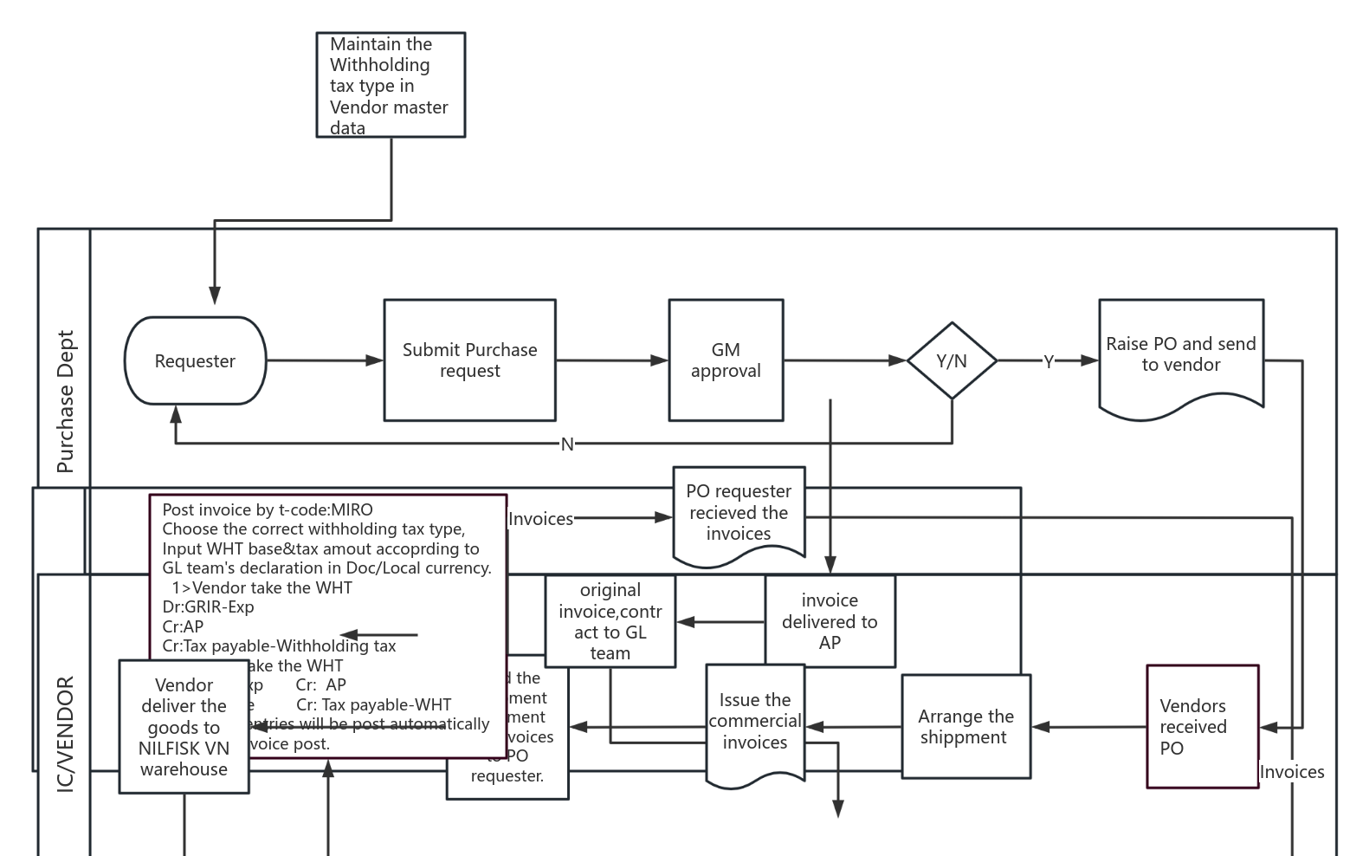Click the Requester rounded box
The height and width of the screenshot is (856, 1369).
click(195, 360)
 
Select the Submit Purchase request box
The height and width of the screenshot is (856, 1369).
click(469, 360)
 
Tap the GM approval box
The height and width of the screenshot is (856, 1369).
click(726, 360)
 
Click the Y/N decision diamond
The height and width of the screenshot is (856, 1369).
click(952, 360)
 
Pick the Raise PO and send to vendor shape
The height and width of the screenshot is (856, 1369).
click(1180, 355)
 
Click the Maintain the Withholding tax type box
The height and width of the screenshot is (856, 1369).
click(391, 85)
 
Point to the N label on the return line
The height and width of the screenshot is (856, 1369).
click(567, 444)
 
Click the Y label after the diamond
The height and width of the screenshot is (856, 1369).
click(1049, 361)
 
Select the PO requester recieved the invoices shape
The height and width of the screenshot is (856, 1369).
click(739, 513)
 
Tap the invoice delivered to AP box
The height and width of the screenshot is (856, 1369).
click(830, 621)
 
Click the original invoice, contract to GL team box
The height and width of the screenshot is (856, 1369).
click(610, 621)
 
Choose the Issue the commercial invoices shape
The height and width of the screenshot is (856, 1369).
click(755, 722)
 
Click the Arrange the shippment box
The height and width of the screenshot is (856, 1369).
click(965, 727)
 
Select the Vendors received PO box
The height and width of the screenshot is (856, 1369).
click(1202, 727)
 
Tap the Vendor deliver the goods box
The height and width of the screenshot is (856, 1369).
click(184, 727)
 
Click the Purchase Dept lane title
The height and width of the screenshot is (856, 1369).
click(65, 401)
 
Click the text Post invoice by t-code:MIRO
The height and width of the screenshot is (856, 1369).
click(268, 509)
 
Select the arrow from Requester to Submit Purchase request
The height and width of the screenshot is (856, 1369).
click(325, 360)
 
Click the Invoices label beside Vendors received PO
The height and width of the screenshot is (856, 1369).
click(1291, 772)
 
